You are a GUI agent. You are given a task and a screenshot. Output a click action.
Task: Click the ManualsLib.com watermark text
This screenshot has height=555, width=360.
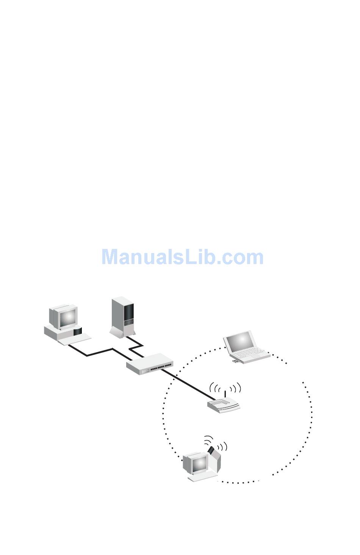coord(182,257)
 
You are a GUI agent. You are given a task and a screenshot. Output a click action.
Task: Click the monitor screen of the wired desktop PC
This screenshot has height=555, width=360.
coord(67,317)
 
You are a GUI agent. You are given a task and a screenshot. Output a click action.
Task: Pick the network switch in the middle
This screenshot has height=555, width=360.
coord(149,364)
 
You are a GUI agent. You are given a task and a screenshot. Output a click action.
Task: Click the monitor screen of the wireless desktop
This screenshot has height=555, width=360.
coord(199,464)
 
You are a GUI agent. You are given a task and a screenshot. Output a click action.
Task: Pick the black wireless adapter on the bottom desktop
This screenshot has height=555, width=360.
coord(211,450)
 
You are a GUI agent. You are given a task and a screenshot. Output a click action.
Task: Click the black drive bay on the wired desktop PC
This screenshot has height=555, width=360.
coord(78,332)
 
